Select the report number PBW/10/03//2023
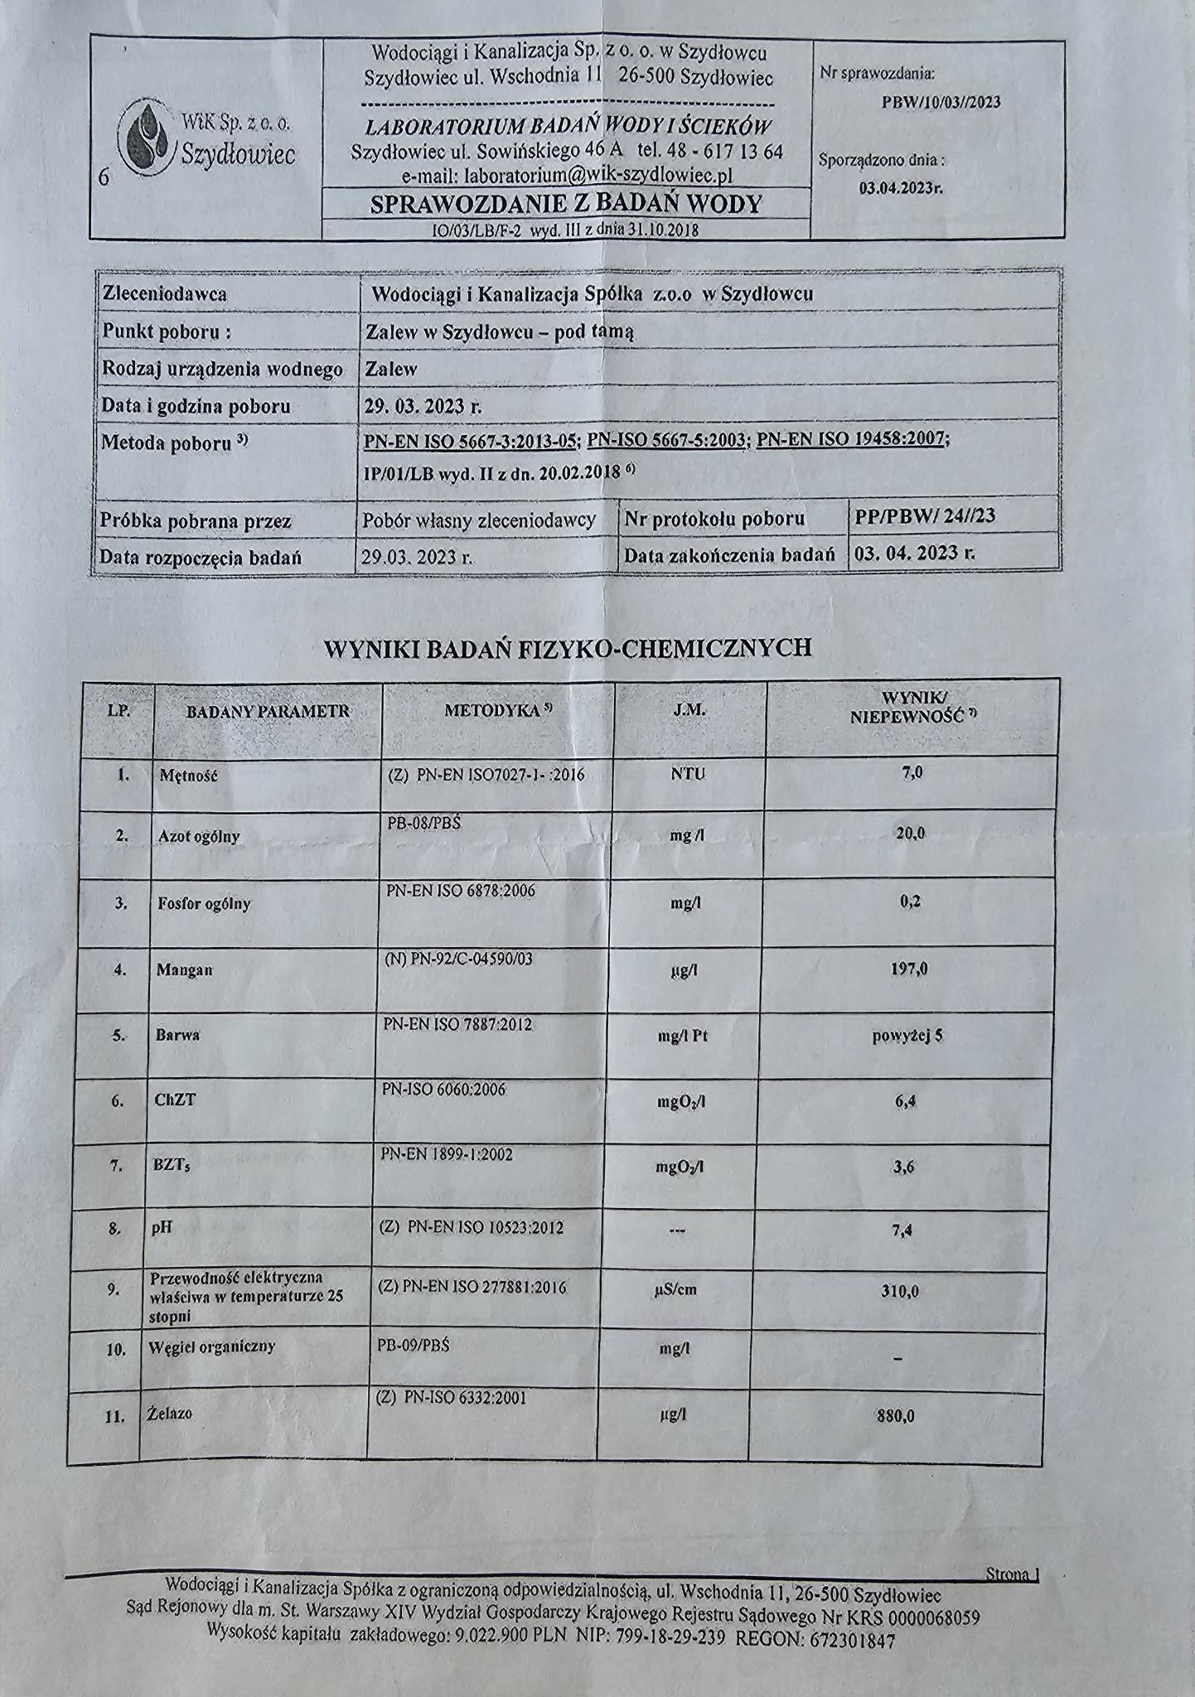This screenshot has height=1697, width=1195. click(x=941, y=102)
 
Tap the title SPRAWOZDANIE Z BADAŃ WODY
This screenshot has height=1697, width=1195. click(x=566, y=204)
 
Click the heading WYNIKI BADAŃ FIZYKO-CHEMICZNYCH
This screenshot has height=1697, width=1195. click(x=568, y=648)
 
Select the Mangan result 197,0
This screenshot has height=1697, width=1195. click(x=909, y=968)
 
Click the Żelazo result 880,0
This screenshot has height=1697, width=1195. click(x=896, y=1416)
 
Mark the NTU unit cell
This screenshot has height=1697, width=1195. click(x=689, y=774)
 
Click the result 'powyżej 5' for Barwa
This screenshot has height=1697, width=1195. click(x=907, y=1035)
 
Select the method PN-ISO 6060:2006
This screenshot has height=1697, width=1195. click(x=444, y=1090)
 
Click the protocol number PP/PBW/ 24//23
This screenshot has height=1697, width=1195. click(x=925, y=517)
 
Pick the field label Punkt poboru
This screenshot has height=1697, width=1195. click(x=166, y=332)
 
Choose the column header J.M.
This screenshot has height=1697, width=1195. click(x=689, y=710)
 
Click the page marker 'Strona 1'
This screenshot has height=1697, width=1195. click(x=1012, y=1574)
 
